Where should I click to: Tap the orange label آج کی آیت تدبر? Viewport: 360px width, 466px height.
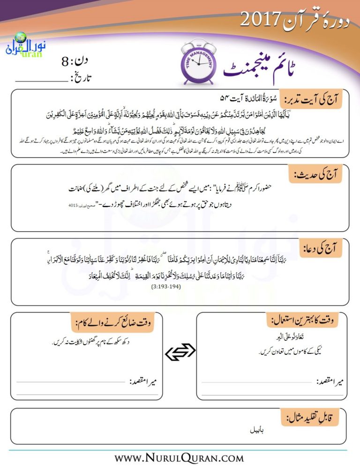tap(311, 98)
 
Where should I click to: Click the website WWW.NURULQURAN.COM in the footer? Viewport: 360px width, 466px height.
tap(180, 457)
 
